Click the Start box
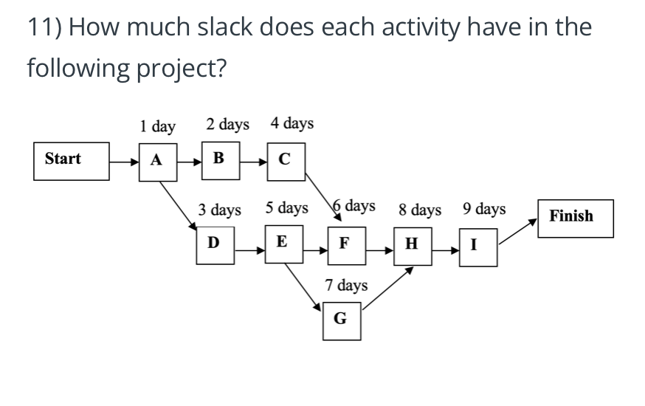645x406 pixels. (x=68, y=159)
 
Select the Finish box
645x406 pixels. (x=575, y=218)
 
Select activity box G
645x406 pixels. (x=341, y=320)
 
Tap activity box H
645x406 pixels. (x=411, y=245)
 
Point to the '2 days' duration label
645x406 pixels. (x=227, y=124)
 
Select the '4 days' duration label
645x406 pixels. (x=292, y=123)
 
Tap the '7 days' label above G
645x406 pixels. (x=346, y=285)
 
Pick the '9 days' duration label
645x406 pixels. (x=484, y=209)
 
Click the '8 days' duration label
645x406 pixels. (x=420, y=210)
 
